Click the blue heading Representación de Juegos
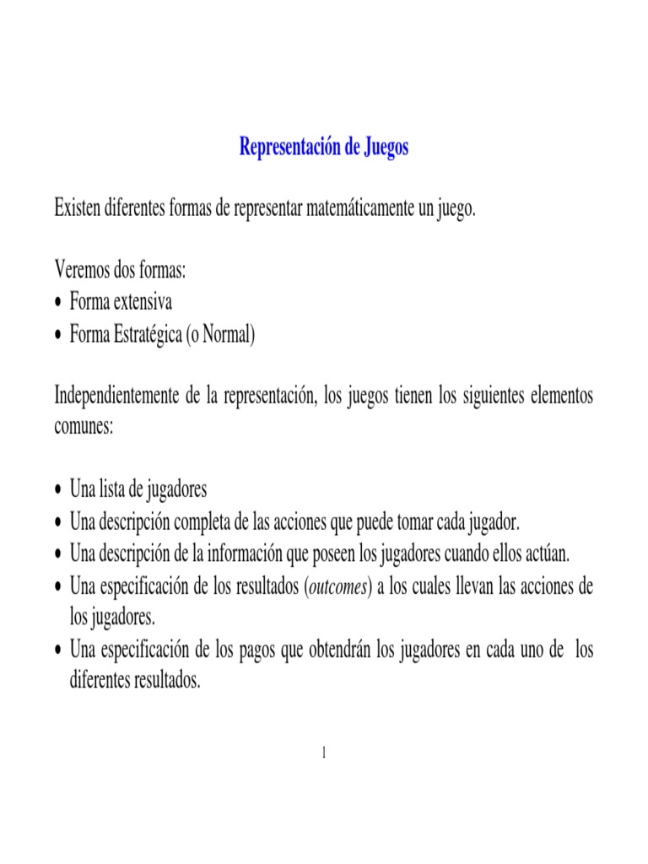[324, 148]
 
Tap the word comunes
[83, 427]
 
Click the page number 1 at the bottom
[324, 753]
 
